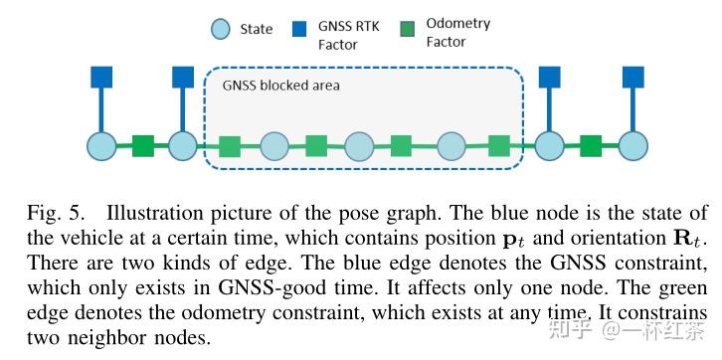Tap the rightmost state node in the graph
coord(633,146)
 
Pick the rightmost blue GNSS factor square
coord(633,77)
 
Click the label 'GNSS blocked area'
coord(280,86)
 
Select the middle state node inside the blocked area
coord(360,147)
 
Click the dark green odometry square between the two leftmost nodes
coord(143,147)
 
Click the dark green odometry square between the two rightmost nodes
coord(592,146)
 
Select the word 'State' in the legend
coord(257,30)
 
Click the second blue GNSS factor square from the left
coord(183,77)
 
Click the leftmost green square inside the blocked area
coord(230,147)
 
